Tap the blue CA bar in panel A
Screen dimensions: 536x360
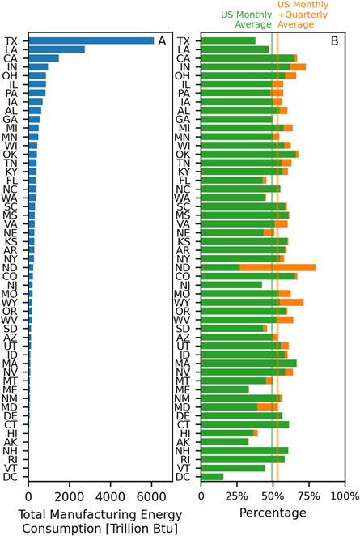tap(44, 58)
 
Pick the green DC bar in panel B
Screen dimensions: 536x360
tap(212, 477)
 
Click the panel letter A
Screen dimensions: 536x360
tap(162, 41)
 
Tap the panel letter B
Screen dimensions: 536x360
tap(335, 41)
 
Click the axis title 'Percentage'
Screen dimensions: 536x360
tap(273, 513)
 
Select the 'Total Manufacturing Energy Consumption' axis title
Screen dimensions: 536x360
tap(99, 520)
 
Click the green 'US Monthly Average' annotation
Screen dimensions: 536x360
tap(252, 19)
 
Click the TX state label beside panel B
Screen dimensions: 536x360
tap(185, 41)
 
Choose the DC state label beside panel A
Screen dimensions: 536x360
tap(11, 477)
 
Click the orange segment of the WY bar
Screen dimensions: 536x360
tap(291, 302)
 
